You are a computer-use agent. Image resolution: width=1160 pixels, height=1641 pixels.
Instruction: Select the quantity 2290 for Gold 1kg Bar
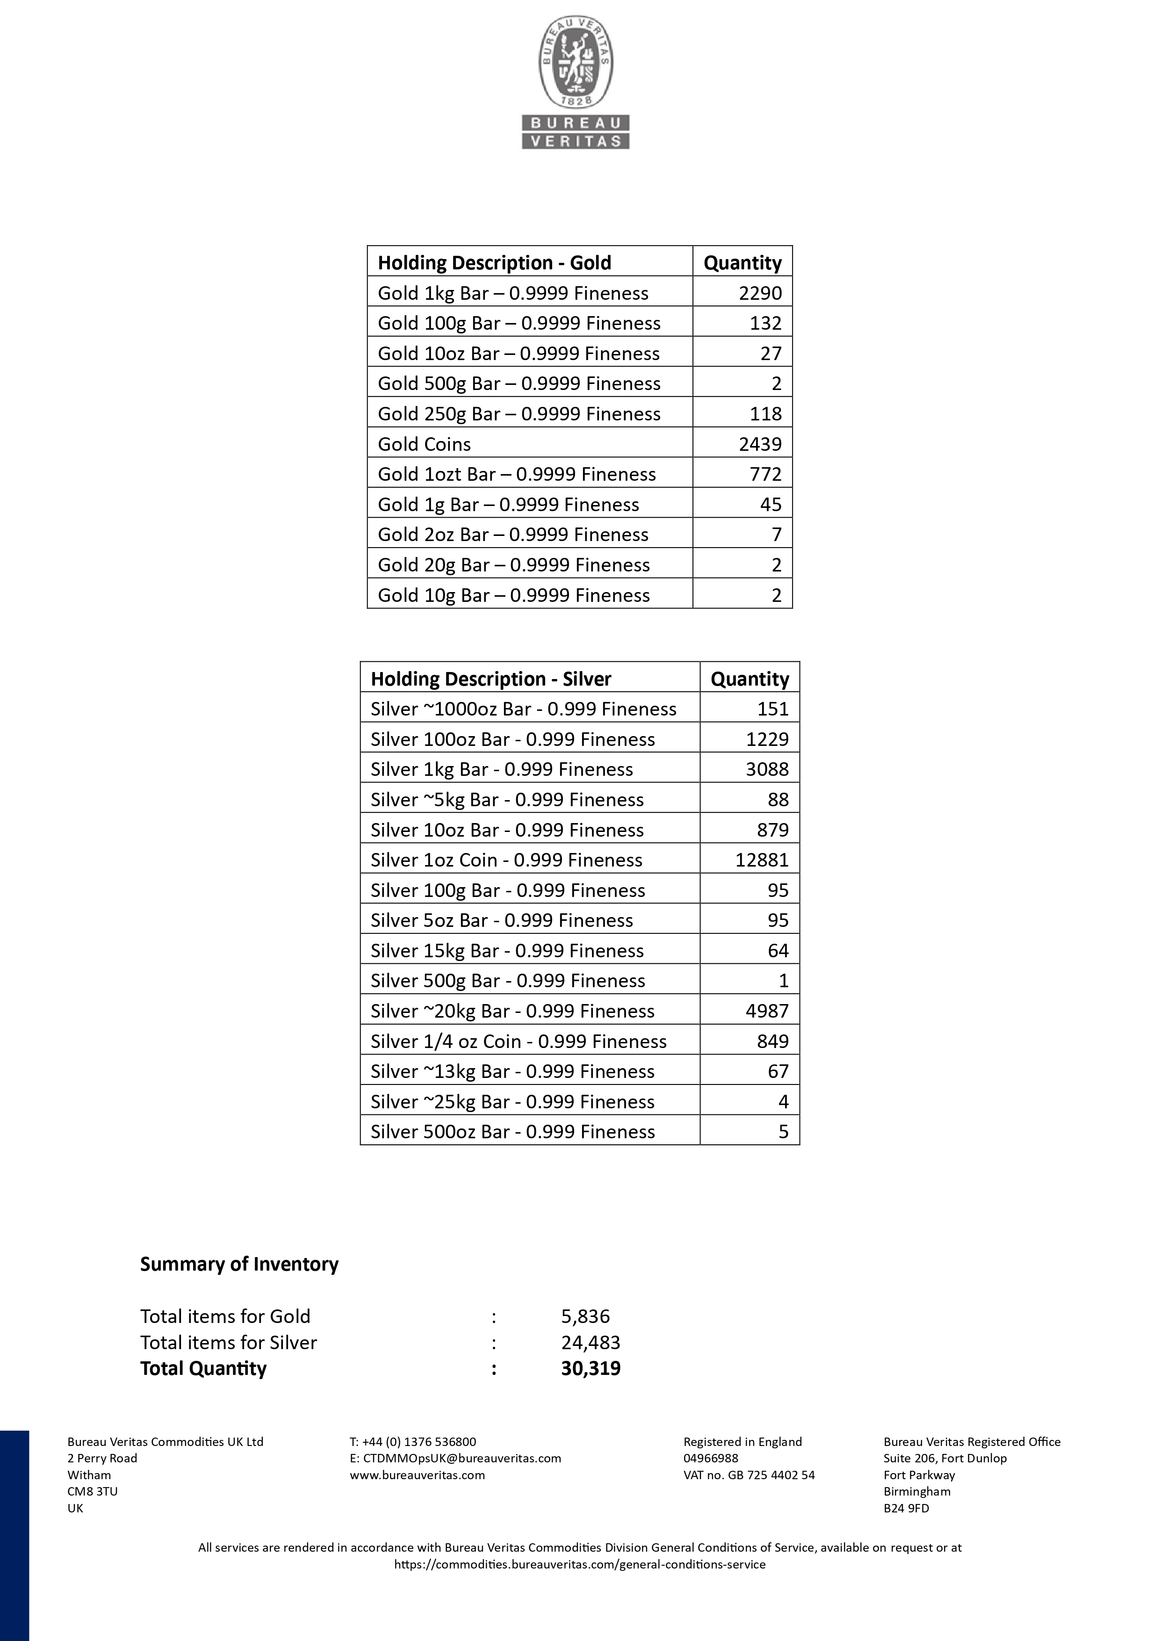pos(760,293)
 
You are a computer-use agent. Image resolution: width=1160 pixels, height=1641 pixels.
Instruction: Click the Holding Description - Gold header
pos(494,263)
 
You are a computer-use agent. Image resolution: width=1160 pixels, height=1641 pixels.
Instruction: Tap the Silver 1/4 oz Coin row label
pos(518,1041)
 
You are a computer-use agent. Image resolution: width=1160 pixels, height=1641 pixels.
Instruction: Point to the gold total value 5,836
pos(585,1316)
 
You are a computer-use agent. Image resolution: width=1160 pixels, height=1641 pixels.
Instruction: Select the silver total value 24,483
pos(591,1342)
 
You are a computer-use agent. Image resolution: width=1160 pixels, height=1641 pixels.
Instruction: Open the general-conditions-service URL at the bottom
pos(580,1564)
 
